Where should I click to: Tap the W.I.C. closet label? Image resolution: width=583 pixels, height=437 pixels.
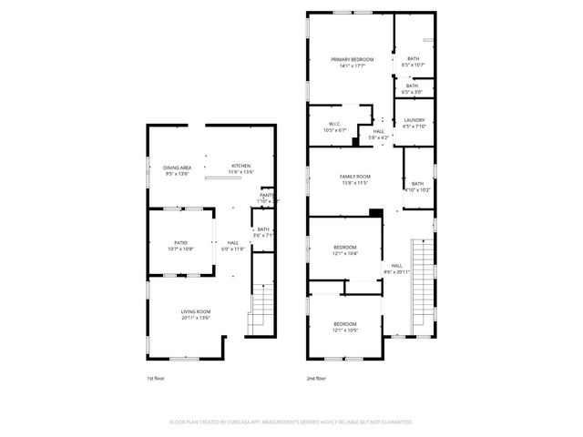pos(334,125)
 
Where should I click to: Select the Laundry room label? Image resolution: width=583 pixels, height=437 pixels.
pos(414,120)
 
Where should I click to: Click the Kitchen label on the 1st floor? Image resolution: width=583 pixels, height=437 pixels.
pos(240,166)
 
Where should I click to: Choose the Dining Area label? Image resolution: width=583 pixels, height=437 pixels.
pos(177,168)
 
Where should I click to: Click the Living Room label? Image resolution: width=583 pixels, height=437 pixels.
pos(196,312)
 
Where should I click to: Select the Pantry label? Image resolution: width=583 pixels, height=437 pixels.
pos(267,195)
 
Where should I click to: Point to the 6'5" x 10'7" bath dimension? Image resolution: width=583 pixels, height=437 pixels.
pos(414,65)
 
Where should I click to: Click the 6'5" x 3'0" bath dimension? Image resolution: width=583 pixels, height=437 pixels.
pos(414,92)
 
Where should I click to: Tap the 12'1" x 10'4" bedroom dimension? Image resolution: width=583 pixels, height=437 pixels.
pos(345,253)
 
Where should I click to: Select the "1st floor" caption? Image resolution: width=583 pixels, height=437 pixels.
pos(156,379)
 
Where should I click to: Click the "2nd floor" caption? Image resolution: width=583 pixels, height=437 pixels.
pos(316,379)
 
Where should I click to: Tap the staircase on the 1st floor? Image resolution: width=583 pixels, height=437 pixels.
pos(261,306)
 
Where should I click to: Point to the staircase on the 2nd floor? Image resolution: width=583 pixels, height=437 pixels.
pos(424,282)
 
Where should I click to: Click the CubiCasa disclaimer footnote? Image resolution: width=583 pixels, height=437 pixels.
pos(291,422)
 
